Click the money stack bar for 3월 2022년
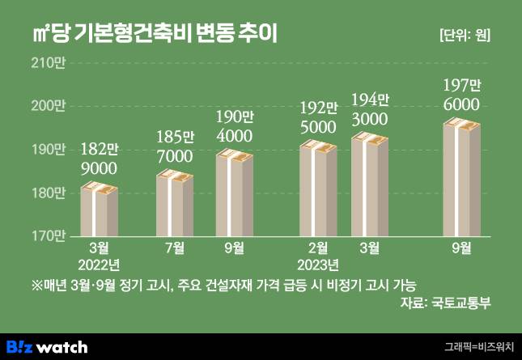pyautogui.click(x=100, y=210)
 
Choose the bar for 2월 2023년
pyautogui.click(x=318, y=190)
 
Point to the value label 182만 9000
pyautogui.click(x=100, y=159)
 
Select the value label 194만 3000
pyautogui.click(x=370, y=109)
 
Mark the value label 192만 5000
pyautogui.click(x=318, y=117)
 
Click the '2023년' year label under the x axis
pyautogui.click(x=318, y=265)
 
